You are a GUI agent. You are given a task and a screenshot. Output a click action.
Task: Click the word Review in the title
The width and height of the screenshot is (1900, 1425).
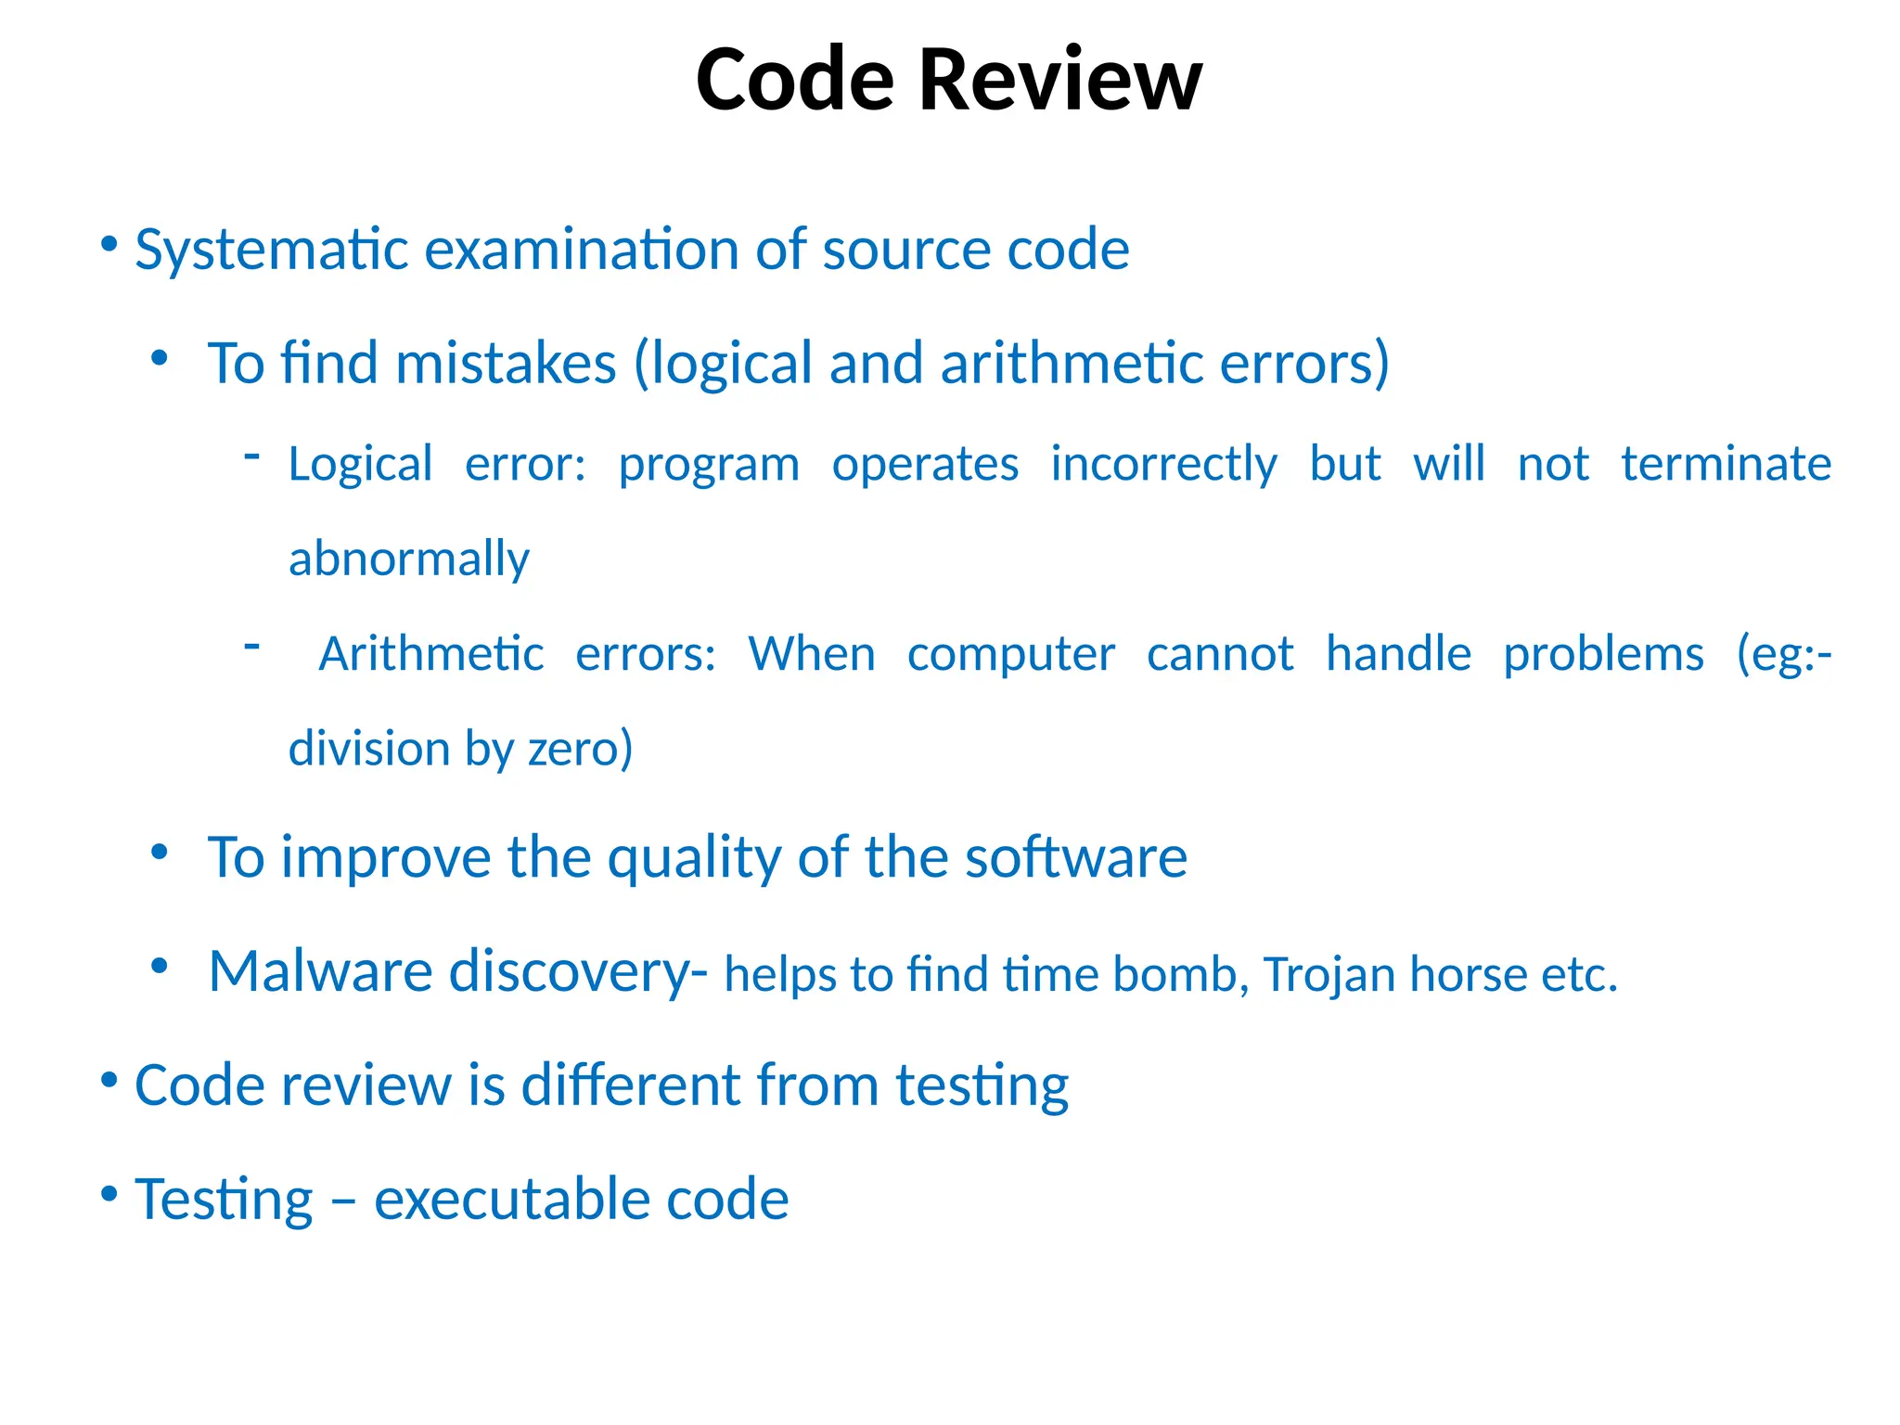click(1059, 81)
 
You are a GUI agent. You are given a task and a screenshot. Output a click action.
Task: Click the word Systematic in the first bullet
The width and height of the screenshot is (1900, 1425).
click(272, 250)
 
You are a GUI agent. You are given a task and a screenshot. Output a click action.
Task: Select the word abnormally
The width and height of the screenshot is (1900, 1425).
click(408, 559)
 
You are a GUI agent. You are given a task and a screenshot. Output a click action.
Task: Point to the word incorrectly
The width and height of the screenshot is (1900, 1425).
click(1163, 464)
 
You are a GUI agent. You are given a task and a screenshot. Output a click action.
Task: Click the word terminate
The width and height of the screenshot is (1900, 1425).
click(1726, 464)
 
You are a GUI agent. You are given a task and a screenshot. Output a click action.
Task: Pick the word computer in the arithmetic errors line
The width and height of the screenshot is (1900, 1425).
click(1010, 654)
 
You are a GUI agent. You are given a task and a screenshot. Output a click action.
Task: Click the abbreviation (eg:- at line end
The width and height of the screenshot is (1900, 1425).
click(1783, 654)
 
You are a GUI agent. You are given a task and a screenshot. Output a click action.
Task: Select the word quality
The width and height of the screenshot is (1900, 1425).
click(694, 857)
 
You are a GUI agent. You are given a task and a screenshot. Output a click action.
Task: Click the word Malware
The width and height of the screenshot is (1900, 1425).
click(320, 971)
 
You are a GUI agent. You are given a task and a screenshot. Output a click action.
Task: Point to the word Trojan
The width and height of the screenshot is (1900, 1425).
click(1329, 975)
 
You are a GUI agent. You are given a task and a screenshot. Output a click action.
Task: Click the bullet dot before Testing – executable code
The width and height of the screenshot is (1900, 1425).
click(109, 1193)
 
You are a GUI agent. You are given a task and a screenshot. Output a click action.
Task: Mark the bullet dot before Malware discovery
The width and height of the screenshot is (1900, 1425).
click(160, 967)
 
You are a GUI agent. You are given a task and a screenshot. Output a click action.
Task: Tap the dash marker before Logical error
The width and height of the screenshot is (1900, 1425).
click(251, 455)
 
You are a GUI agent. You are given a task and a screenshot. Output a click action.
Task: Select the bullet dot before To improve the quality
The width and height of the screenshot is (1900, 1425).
click(160, 852)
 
